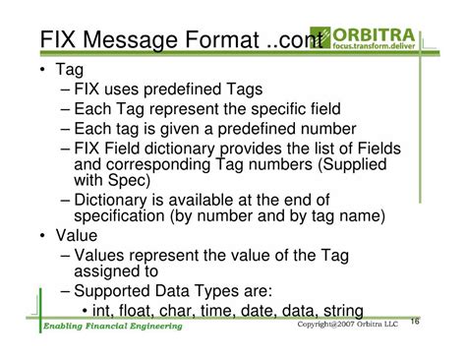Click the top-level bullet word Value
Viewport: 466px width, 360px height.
pyautogui.click(x=80, y=236)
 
